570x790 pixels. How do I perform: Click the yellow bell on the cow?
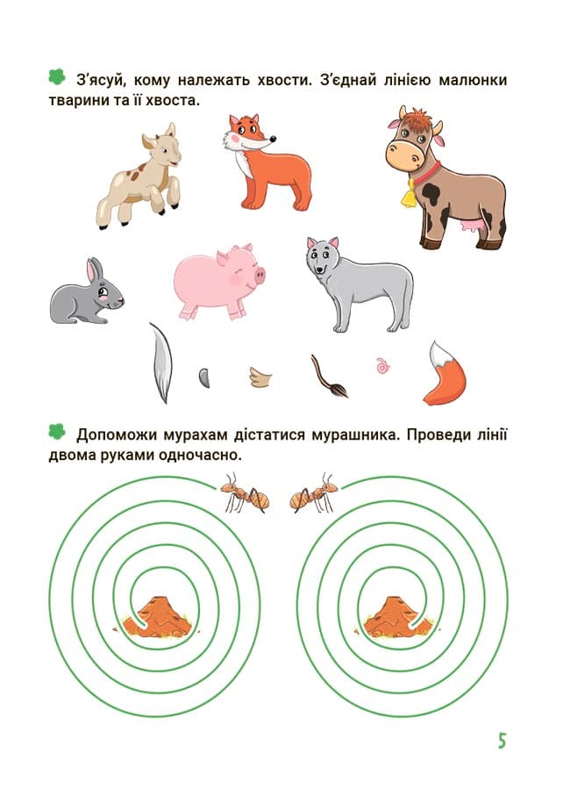[x=409, y=194]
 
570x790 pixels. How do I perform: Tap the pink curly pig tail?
[x=383, y=365]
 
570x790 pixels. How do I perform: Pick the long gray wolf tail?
[x=161, y=363]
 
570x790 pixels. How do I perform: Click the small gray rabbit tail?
[x=204, y=377]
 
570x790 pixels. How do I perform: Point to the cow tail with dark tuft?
[x=329, y=377]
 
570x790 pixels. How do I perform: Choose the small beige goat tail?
[x=260, y=377]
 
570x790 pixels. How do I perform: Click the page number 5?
[x=502, y=741]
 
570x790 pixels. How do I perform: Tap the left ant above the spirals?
[x=245, y=492]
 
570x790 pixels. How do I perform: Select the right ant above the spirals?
[x=314, y=492]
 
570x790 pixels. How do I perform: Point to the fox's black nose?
[x=273, y=139]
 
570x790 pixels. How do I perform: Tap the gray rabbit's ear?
[x=94, y=270]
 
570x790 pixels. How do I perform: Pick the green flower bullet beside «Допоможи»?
[x=57, y=431]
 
